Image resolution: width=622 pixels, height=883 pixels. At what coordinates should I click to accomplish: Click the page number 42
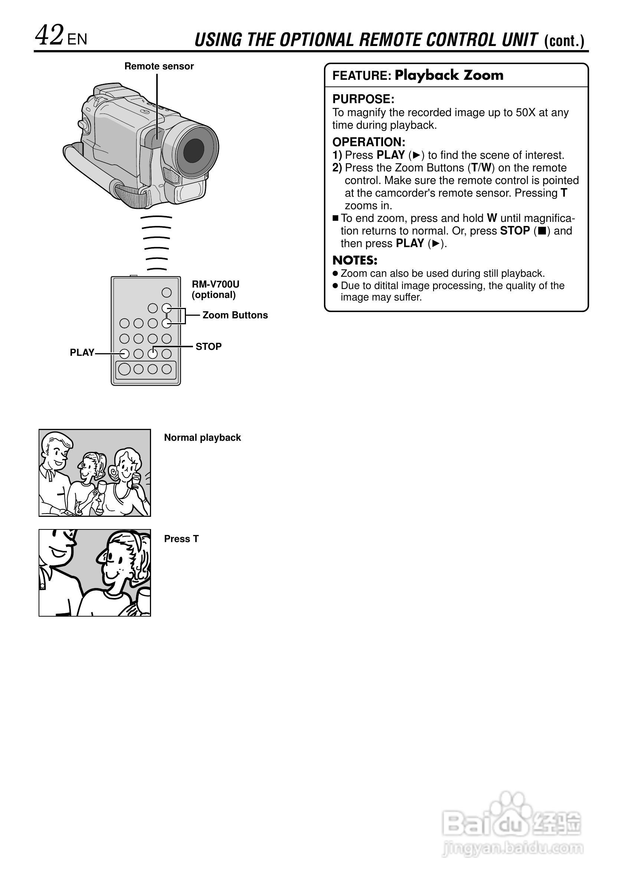49,35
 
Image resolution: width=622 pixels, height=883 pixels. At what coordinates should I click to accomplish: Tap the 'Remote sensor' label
159,66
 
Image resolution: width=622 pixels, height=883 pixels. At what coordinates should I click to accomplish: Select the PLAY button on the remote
124,354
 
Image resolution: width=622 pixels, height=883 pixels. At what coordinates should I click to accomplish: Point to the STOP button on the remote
153,354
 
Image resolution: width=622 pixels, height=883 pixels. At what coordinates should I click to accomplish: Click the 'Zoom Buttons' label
235,315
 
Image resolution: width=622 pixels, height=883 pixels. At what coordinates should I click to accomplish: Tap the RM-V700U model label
215,284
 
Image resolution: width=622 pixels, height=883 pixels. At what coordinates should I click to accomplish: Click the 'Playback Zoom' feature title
449,75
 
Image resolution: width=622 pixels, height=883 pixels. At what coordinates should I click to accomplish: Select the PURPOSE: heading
363,99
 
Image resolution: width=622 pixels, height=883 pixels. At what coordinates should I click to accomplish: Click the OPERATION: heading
369,142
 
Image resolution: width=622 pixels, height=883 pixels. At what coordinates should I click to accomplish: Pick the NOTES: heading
355,260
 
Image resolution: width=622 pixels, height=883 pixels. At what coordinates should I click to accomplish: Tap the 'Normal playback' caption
202,437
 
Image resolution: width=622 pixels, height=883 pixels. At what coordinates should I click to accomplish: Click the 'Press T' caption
181,538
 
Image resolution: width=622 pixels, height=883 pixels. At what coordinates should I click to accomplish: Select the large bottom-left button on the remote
124,369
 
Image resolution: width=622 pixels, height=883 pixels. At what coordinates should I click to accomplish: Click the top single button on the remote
167,293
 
